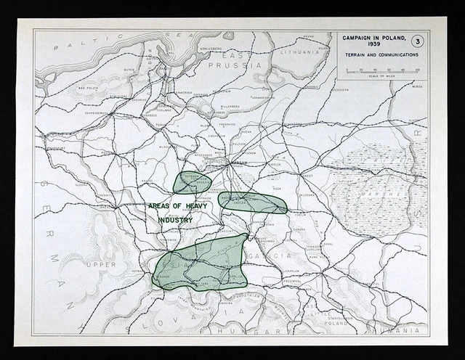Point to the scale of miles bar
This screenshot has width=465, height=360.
pos(381,71)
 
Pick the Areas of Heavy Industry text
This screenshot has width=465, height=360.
pos(178,212)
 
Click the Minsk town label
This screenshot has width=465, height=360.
pos(416,86)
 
